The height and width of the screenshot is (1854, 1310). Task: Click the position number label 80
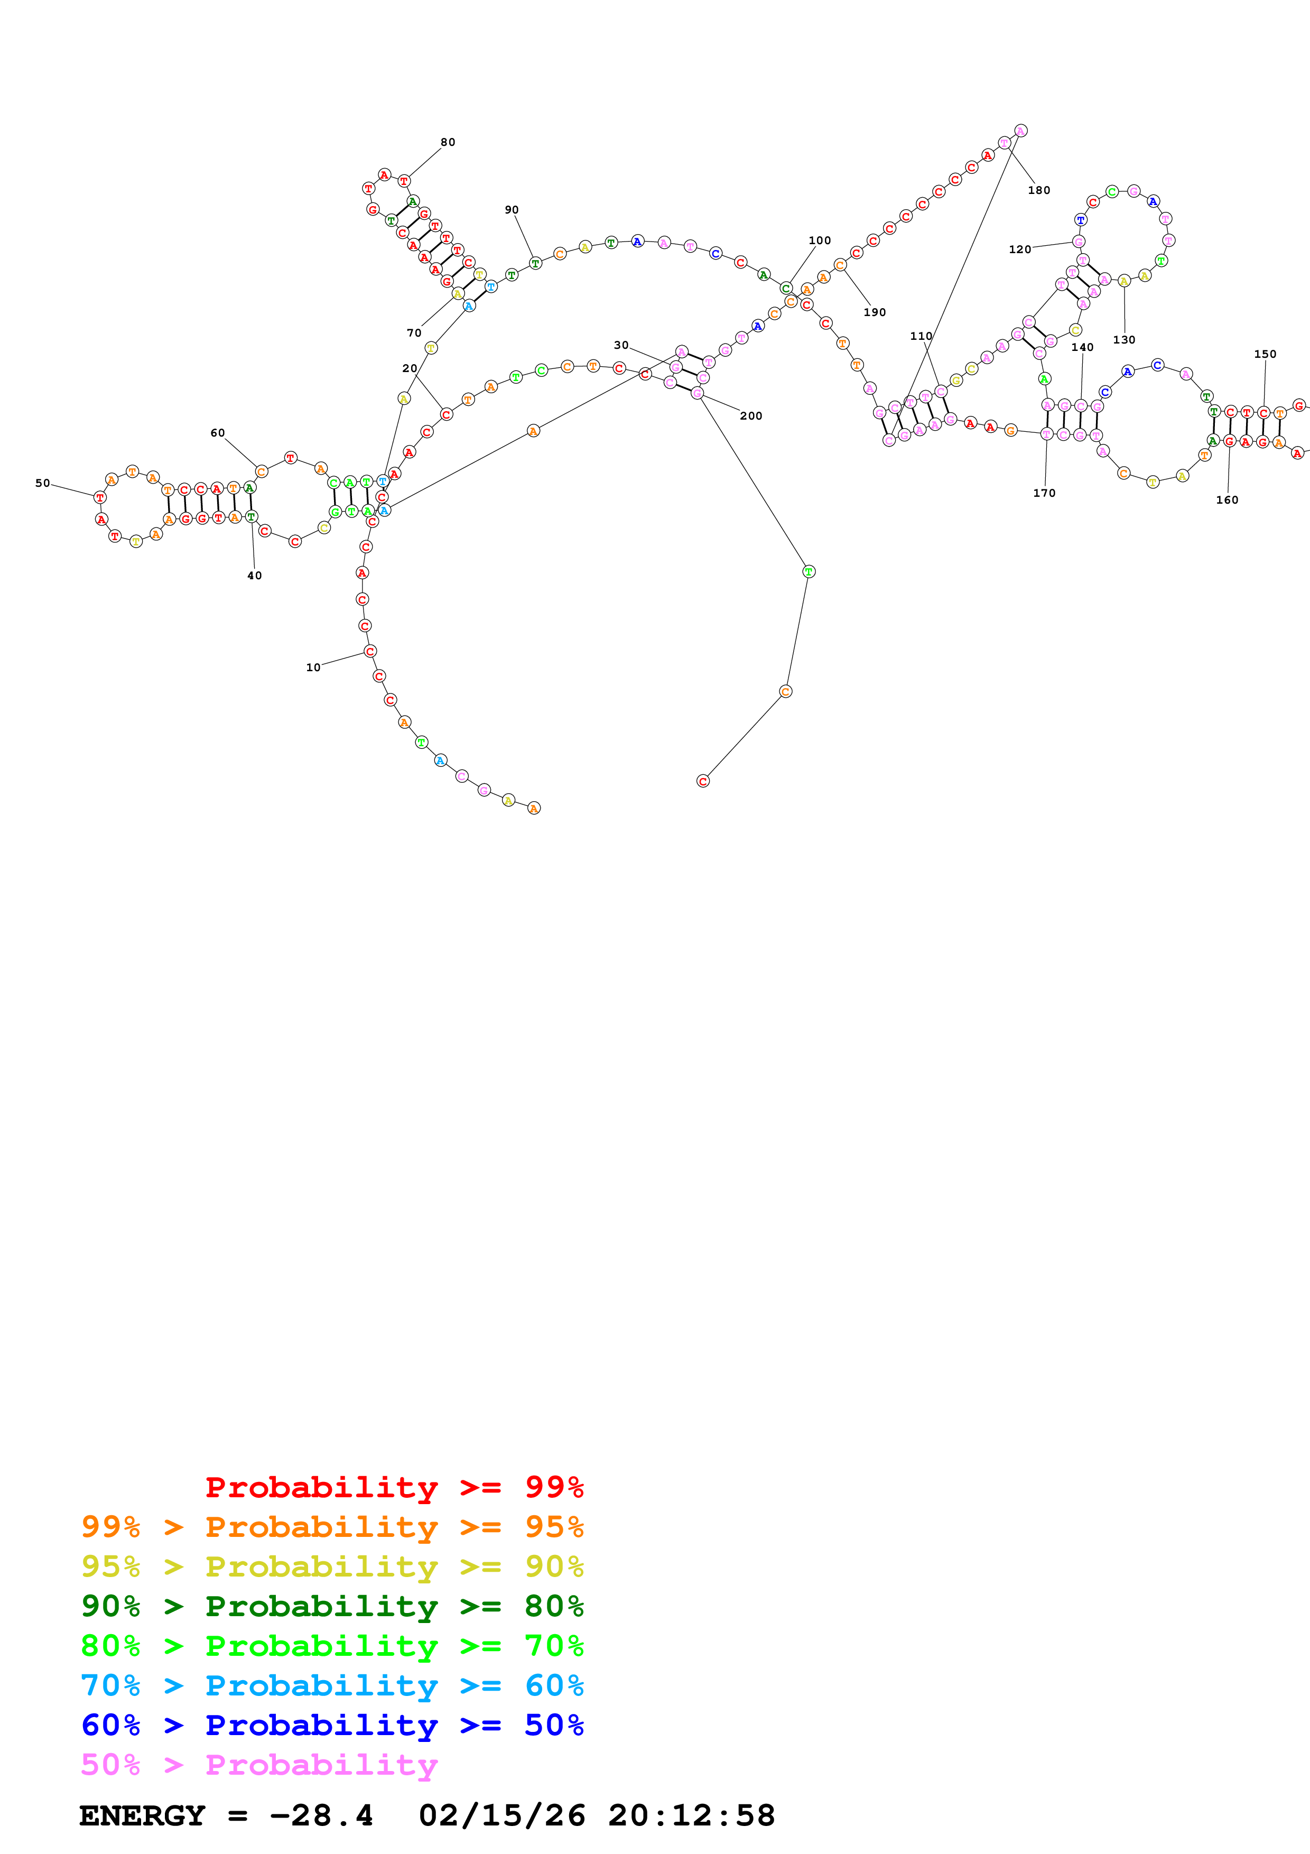[447, 142]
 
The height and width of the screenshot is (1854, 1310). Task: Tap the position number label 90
[512, 210]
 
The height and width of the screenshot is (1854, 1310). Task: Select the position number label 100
[819, 240]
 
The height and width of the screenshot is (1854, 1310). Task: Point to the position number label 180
[1039, 191]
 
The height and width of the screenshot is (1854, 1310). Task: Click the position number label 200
[750, 416]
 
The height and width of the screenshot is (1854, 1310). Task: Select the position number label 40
[254, 576]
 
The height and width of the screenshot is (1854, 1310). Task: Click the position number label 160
[1227, 500]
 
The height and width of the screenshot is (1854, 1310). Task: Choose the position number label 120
[1019, 249]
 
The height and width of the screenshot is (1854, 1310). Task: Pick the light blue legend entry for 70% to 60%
[332, 1685]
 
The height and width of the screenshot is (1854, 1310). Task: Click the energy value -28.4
[321, 1815]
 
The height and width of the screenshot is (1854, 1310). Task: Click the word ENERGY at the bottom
[142, 1815]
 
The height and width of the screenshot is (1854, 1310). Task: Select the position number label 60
[218, 433]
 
